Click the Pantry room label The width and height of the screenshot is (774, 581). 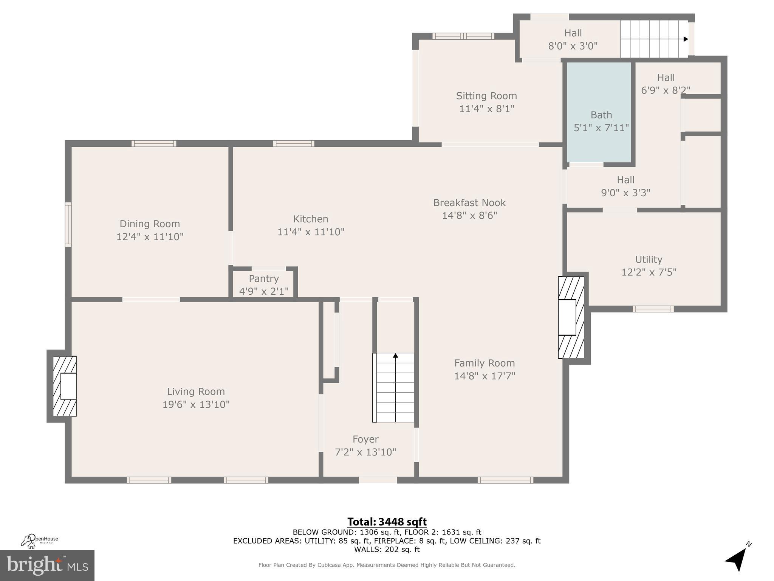[263, 279]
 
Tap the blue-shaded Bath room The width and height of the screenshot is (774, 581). [600, 113]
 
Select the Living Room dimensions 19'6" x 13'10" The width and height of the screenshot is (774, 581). [196, 404]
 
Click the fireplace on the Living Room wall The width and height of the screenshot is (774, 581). [65, 386]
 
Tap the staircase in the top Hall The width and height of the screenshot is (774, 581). [654, 39]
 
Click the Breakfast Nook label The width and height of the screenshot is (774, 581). [469, 203]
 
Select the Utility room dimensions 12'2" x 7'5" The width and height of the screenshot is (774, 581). [649, 272]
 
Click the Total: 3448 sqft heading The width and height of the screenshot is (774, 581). [387, 522]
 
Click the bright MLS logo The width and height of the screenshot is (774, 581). [47, 565]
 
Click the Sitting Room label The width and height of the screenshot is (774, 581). [486, 96]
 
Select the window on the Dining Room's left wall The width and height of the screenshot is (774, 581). [68, 225]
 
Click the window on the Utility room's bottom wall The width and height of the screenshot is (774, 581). [653, 309]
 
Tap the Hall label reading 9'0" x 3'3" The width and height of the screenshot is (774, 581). [625, 186]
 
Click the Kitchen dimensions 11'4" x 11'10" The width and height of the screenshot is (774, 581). [311, 232]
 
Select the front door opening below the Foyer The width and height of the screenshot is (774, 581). [378, 480]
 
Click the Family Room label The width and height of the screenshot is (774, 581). [484, 363]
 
